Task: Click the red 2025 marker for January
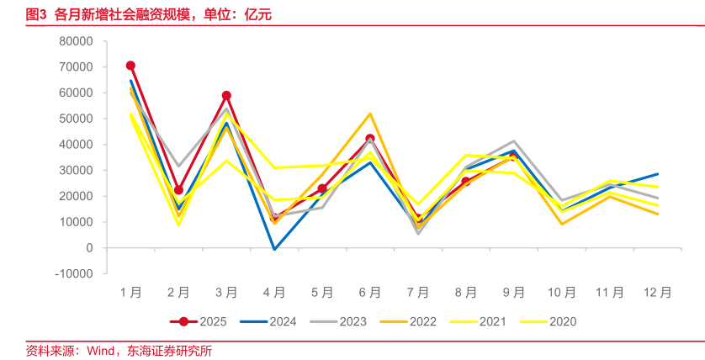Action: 130,66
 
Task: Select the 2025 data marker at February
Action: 178,190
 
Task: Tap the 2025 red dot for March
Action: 226,96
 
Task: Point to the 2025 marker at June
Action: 370,139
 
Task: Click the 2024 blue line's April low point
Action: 274,249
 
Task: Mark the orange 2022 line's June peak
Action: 370,114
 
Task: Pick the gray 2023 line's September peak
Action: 514,141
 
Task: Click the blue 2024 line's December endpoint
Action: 658,174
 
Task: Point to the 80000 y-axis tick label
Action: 75,41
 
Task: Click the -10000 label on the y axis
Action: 72,273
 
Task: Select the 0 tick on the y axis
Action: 88,248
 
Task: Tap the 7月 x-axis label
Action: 418,293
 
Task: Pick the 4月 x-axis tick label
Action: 274,293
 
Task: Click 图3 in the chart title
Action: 35,14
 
